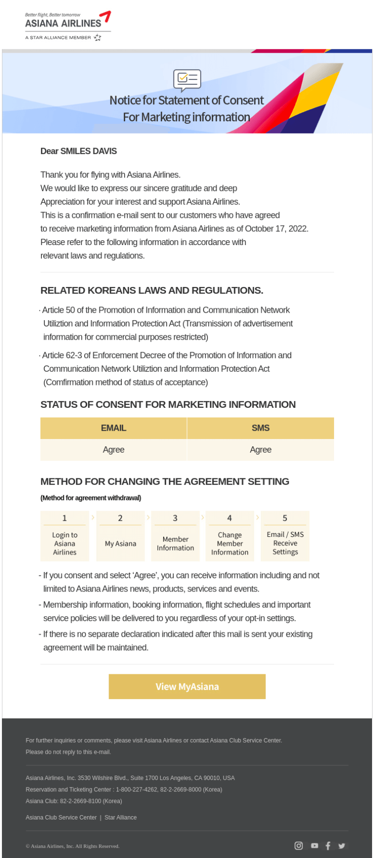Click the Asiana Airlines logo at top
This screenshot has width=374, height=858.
click(x=68, y=26)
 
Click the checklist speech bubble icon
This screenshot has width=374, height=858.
click(x=187, y=80)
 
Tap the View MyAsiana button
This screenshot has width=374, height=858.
click(x=187, y=686)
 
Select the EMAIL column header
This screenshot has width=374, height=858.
click(x=113, y=428)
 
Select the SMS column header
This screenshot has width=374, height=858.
click(x=261, y=428)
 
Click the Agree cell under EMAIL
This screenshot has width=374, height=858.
click(x=113, y=450)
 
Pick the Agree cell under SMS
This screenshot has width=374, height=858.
click(x=261, y=450)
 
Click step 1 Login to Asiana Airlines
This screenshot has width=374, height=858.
click(x=65, y=536)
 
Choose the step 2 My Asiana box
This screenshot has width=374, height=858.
click(x=120, y=536)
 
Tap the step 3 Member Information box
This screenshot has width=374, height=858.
click(x=175, y=536)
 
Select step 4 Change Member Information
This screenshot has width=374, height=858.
click(x=230, y=536)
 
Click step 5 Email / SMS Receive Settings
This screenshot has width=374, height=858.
click(x=285, y=536)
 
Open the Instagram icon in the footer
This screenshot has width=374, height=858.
click(x=299, y=846)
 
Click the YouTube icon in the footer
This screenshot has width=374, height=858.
click(x=315, y=846)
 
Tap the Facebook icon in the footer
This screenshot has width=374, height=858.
click(x=328, y=846)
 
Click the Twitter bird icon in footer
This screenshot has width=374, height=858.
click(x=342, y=846)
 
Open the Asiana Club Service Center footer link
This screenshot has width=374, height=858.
click(x=61, y=817)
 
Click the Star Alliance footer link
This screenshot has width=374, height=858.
click(x=120, y=817)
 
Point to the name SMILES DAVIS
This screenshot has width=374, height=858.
click(x=89, y=151)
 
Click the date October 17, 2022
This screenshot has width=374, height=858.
click(x=276, y=229)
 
